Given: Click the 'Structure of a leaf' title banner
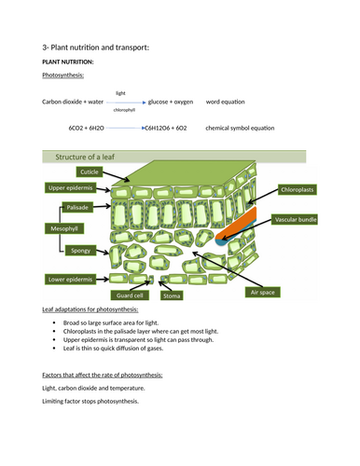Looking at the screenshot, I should coord(93,157).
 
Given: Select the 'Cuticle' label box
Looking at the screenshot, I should coord(90,172).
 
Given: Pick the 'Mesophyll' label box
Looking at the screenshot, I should coord(60,227).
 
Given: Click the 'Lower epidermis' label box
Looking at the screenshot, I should coord(72,279).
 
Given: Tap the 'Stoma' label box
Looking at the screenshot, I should coord(172,295).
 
